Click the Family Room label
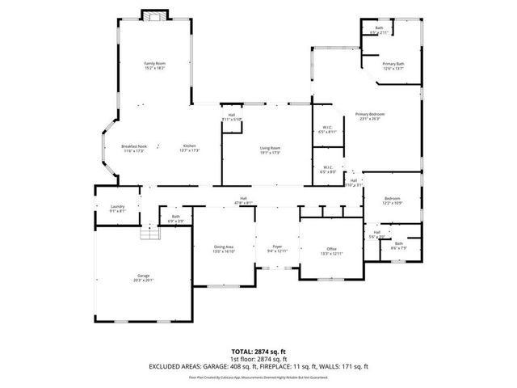pos(154,65)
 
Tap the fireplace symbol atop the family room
pos(154,15)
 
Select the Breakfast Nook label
pos(133,148)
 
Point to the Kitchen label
pos(188,148)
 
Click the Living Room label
pos(270,150)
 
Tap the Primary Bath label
pos(393,65)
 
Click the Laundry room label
pos(117,209)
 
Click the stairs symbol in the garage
pos(146,234)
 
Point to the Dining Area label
pos(224,248)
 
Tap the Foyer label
pos(277,248)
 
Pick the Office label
pos(331,251)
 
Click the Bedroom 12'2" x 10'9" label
pos(392,200)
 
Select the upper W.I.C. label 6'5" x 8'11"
pos(328,129)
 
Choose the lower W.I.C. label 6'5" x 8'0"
pos(328,169)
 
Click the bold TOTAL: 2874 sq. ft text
pos(258,352)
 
